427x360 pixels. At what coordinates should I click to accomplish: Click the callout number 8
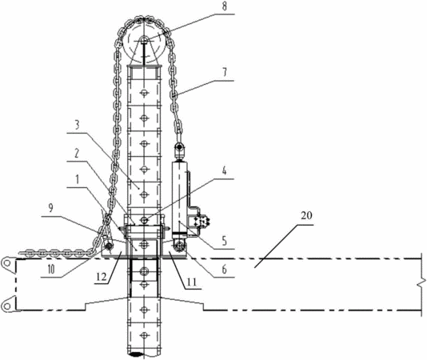(x=224, y=6)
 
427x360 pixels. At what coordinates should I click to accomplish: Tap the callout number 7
(x=224, y=73)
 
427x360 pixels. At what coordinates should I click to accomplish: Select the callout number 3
(x=77, y=126)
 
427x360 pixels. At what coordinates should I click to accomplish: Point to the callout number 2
(x=77, y=154)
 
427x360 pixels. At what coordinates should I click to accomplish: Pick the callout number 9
(x=50, y=208)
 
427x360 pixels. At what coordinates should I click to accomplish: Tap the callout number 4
(x=224, y=171)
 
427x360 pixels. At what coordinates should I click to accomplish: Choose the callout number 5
(x=224, y=241)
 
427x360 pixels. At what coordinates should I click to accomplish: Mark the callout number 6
(x=224, y=270)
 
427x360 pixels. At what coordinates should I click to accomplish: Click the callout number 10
(x=50, y=270)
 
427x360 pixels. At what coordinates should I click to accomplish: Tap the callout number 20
(x=306, y=215)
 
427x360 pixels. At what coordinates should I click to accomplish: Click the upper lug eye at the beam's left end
(x=7, y=264)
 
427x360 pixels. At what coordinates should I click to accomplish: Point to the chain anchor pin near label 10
(x=110, y=246)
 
